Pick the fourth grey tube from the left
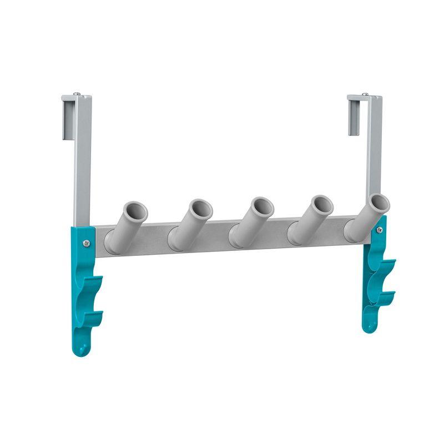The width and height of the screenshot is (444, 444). pos(310,220)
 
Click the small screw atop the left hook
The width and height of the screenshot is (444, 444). pos(77,94)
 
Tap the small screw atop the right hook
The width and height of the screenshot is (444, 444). pos(365,94)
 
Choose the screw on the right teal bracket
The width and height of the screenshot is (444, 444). pos(380,229)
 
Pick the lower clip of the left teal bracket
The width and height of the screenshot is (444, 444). pos(93,317)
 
